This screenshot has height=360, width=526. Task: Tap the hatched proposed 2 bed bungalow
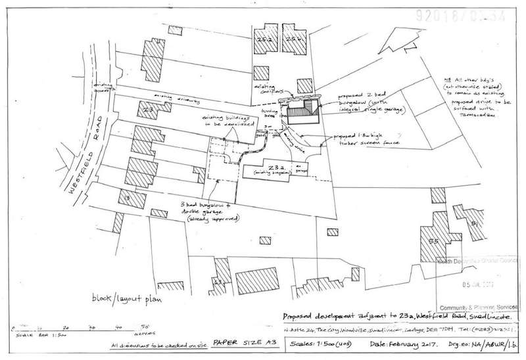(303, 112)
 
